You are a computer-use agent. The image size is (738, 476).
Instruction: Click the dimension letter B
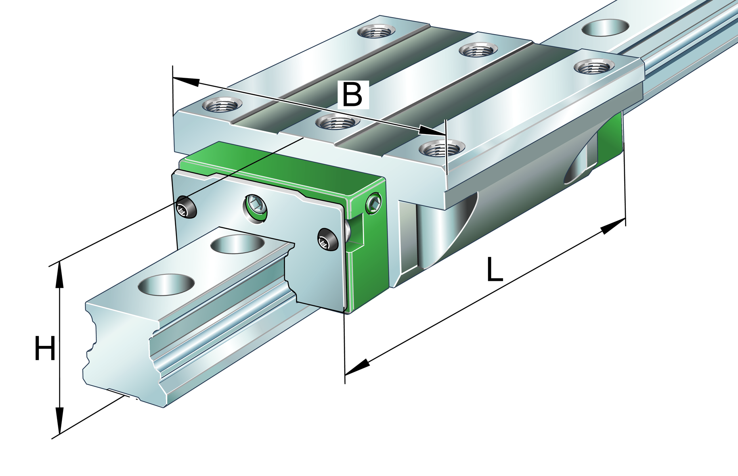[x=352, y=95]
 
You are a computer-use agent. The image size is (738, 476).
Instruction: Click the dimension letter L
[x=494, y=270]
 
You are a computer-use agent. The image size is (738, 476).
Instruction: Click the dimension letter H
[x=45, y=348]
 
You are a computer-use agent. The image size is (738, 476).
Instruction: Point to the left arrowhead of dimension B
[x=186, y=81]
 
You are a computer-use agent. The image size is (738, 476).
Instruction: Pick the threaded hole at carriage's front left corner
[x=222, y=105]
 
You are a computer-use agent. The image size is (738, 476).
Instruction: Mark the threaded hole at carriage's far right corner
[x=593, y=66]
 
